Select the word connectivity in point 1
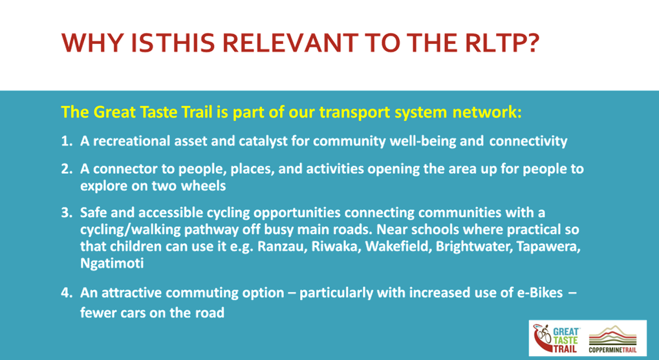coord(528,141)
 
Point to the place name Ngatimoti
coord(112,264)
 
